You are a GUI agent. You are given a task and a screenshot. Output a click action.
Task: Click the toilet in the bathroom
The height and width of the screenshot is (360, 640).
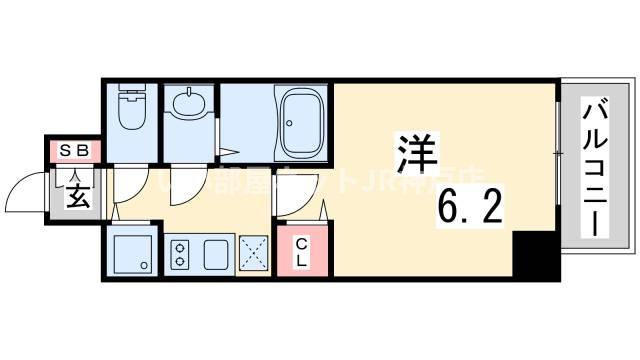(x=130, y=111)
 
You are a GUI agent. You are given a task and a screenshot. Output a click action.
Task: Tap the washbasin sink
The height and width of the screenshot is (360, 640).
(x=188, y=103)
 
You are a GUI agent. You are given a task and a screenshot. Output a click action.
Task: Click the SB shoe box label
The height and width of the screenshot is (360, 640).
(x=77, y=152)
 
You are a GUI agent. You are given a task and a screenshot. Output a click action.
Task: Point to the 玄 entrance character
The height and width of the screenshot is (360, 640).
(x=77, y=191)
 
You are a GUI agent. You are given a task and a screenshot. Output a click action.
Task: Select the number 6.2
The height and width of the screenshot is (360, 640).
(x=470, y=208)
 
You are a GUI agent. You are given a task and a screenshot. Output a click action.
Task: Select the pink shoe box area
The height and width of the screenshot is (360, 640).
(x=77, y=152)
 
